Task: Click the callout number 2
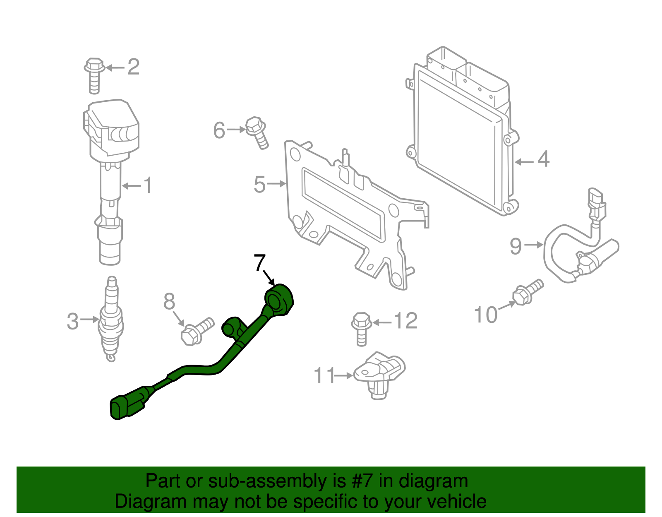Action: point(133,67)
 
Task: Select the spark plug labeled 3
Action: point(110,321)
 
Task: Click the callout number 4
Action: point(543,159)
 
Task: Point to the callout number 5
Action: point(259,185)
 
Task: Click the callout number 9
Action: point(516,246)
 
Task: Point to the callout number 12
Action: point(405,321)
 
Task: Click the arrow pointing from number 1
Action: point(132,186)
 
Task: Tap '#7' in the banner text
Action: point(363,481)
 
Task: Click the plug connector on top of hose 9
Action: point(596,205)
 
